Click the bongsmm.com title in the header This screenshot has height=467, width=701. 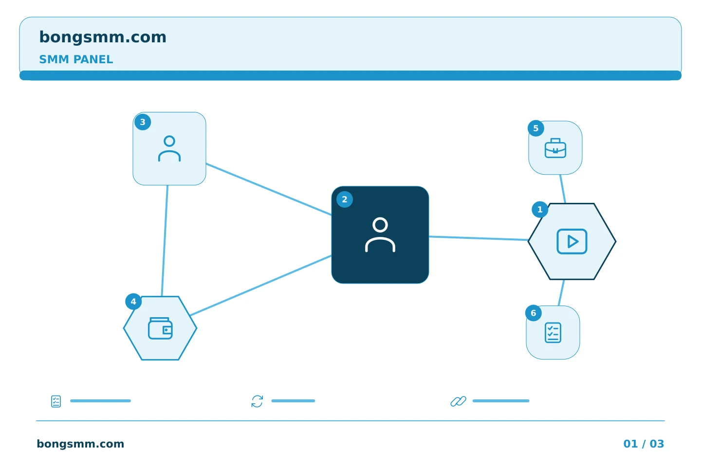pos(103,37)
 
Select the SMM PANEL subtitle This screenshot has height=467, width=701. pos(76,59)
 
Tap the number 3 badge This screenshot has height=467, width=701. pos(143,122)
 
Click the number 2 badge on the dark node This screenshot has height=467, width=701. pos(345,199)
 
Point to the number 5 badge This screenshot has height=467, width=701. pos(536,128)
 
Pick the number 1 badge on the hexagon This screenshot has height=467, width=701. pos(540,210)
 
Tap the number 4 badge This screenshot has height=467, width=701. pos(133,302)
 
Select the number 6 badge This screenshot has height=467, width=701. pos(533,313)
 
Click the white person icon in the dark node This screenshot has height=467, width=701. pos(380,234)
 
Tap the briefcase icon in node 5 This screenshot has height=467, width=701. pos(555,148)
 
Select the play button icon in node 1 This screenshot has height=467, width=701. pos(572,241)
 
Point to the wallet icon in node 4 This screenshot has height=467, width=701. pos(160,328)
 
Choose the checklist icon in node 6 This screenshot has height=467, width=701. pos(553,333)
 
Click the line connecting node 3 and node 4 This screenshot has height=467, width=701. pos(165,241)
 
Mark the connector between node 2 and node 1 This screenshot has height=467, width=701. pos(479,238)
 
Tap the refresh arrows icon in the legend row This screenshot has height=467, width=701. pos(257,401)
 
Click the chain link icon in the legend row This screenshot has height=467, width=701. pos(459,401)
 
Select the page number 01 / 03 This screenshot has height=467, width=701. pos(644,444)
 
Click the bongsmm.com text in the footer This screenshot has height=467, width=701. pos(80,444)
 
